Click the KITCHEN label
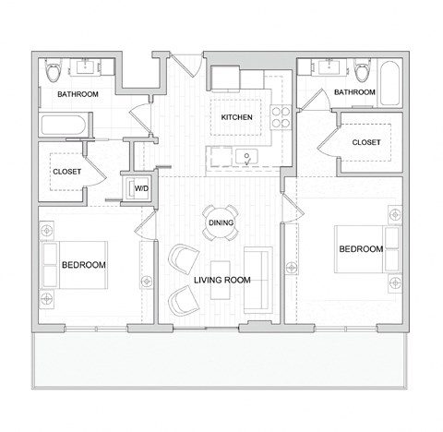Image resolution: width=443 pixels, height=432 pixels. [x=236, y=117]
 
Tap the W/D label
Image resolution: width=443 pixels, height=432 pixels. [x=141, y=188]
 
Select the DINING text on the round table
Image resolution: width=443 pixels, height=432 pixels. [x=221, y=222]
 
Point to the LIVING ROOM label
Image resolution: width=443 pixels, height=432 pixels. [x=222, y=280]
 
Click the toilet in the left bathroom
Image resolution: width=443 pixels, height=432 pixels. [x=54, y=71]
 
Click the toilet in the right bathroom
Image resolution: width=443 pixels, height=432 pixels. [x=363, y=71]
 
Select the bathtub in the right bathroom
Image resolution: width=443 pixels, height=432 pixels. [x=389, y=83]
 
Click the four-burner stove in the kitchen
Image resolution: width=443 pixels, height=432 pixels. [x=281, y=117]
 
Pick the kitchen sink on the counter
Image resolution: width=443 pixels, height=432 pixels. [x=246, y=157]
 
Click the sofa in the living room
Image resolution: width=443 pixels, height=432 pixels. [x=258, y=280]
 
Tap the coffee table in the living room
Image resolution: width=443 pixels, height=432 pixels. [x=221, y=280]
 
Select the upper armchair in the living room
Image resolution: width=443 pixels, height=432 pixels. [x=184, y=258]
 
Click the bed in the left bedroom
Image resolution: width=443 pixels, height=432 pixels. [x=74, y=265]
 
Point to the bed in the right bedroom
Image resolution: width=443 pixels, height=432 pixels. [x=368, y=249]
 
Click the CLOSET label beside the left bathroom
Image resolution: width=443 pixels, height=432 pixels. [x=66, y=172]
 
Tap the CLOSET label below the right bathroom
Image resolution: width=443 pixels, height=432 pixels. [x=366, y=142]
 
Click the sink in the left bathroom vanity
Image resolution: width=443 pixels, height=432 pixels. [x=85, y=66]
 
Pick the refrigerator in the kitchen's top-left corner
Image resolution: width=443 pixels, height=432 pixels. [x=225, y=79]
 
